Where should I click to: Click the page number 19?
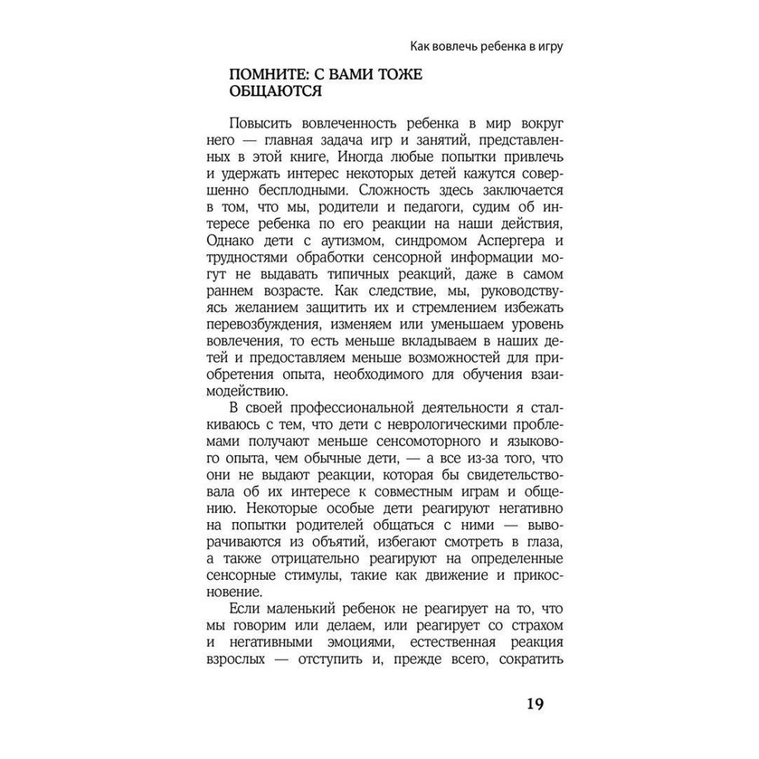(534, 704)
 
